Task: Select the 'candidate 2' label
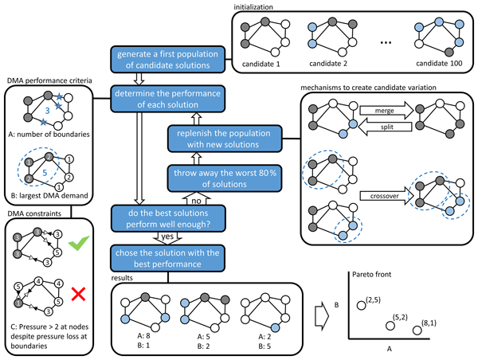(x=330, y=60)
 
